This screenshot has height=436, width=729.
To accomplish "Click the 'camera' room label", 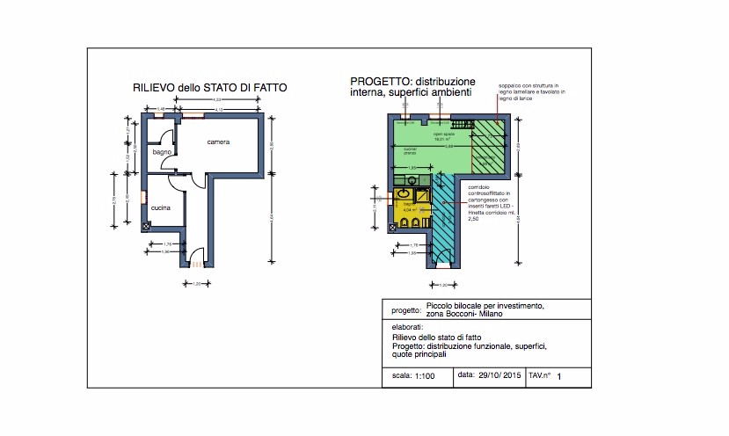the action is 219,142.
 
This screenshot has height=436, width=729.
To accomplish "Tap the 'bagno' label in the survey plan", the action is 162,152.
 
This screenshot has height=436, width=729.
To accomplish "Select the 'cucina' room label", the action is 160,207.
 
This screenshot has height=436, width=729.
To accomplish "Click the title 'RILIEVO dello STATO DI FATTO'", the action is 209,88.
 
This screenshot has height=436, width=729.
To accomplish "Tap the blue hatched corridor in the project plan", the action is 446,220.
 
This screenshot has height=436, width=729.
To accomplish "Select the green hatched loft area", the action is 489,145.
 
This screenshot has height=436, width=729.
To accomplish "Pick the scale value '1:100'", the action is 424,375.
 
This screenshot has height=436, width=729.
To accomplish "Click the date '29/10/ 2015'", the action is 499,375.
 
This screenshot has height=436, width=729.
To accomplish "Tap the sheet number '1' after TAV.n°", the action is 558,376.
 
